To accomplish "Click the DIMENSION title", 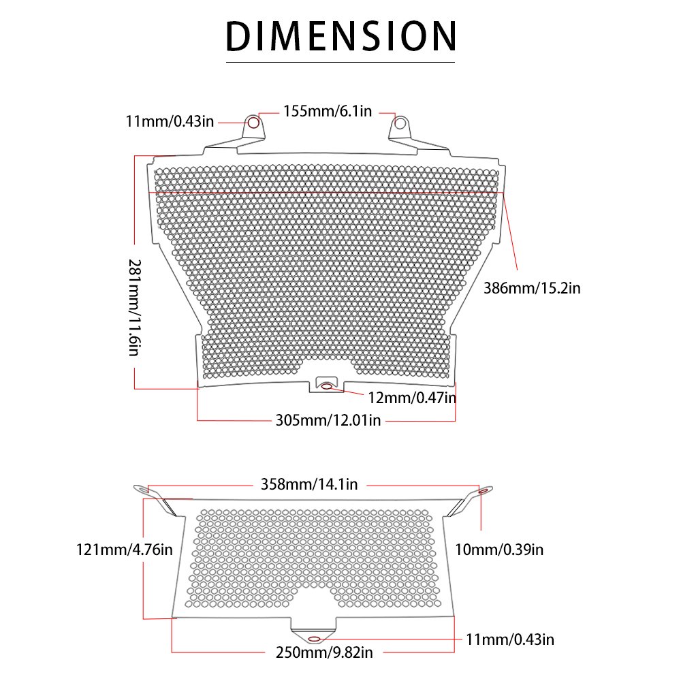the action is coord(341,37).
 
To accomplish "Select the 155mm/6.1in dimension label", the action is coord(328,112).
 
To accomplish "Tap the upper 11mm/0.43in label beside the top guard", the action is coord(170,122).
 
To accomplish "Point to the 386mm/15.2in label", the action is coord(532,288).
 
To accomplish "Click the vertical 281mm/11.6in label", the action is coord(135,308).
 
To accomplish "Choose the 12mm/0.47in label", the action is coord(412,398).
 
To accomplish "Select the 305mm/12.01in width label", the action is coord(328,420).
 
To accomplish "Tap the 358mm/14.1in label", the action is coord(309,484).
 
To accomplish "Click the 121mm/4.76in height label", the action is coord(125,550).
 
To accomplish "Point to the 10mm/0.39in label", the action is coord(499,550).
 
